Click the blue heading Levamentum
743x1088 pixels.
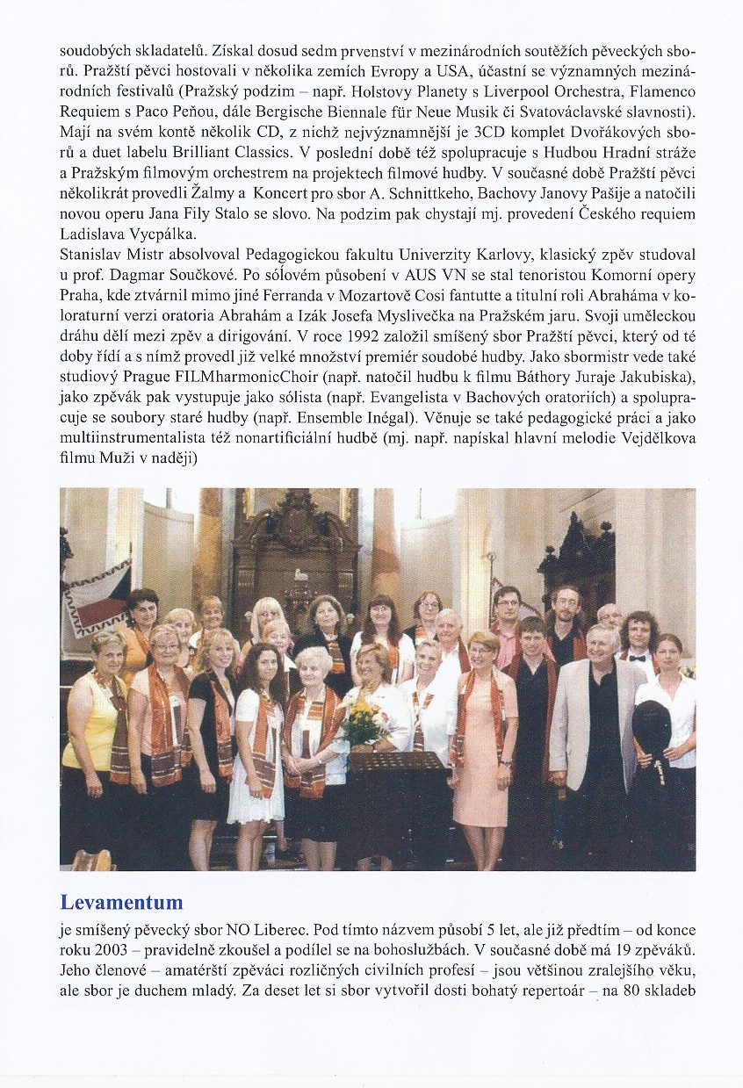click(121, 902)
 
